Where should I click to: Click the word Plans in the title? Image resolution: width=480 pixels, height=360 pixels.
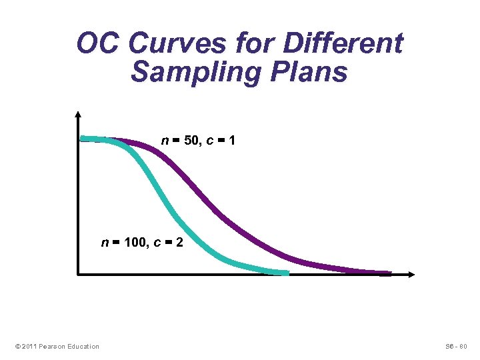coord(313,72)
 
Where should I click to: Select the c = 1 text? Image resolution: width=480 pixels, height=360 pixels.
coord(222,141)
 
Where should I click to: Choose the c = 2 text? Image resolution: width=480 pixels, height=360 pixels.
coord(167,243)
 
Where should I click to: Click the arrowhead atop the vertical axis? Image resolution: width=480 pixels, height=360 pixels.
coord(79,114)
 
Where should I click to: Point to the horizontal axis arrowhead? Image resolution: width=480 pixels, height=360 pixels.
coord(411,274)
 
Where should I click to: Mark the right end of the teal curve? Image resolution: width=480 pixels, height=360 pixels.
coord(287,273)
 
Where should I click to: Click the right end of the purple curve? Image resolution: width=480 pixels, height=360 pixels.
coord(389,273)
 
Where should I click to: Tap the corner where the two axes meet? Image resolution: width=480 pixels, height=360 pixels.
coord(79,274)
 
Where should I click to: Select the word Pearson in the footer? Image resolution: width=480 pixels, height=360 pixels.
coord(52,346)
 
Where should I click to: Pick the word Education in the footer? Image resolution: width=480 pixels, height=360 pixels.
coord(83,346)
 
